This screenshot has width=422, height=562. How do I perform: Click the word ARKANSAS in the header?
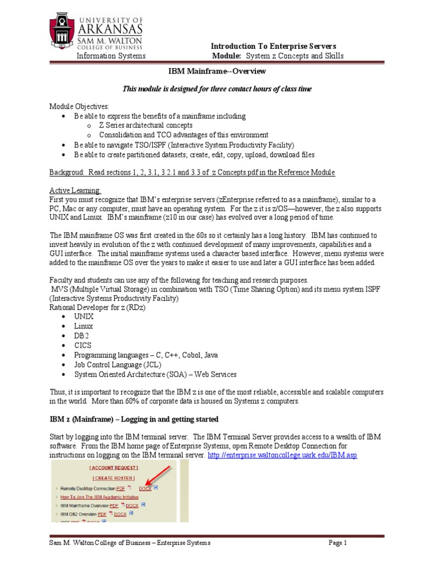tap(110, 29)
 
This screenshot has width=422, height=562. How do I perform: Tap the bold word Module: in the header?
tap(227, 56)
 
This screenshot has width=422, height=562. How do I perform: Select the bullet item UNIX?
tap(84, 317)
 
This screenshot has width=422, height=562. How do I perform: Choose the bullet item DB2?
tap(82, 336)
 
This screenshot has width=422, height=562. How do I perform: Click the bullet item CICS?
tap(83, 346)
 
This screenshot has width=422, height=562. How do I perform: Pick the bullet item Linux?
tap(84, 326)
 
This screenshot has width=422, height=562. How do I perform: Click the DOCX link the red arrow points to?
tap(145, 488)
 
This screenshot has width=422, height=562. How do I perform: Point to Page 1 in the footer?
tap(338, 543)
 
